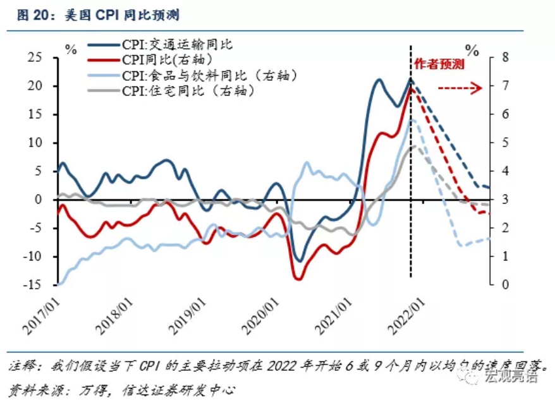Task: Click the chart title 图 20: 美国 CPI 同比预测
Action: [x=99, y=15]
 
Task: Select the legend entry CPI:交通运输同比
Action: [x=160, y=45]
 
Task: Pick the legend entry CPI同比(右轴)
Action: [x=150, y=60]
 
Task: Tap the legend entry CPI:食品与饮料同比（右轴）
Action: [x=193, y=75]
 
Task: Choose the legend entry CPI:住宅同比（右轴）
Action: [x=171, y=91]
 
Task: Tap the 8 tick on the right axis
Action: [x=505, y=58]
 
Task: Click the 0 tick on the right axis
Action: [x=505, y=284]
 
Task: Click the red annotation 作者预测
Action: [x=439, y=64]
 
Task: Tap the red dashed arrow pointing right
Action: [x=460, y=88]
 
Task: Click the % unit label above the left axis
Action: [x=71, y=49]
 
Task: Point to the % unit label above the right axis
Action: [x=472, y=51]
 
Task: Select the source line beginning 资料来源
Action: [x=122, y=390]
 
